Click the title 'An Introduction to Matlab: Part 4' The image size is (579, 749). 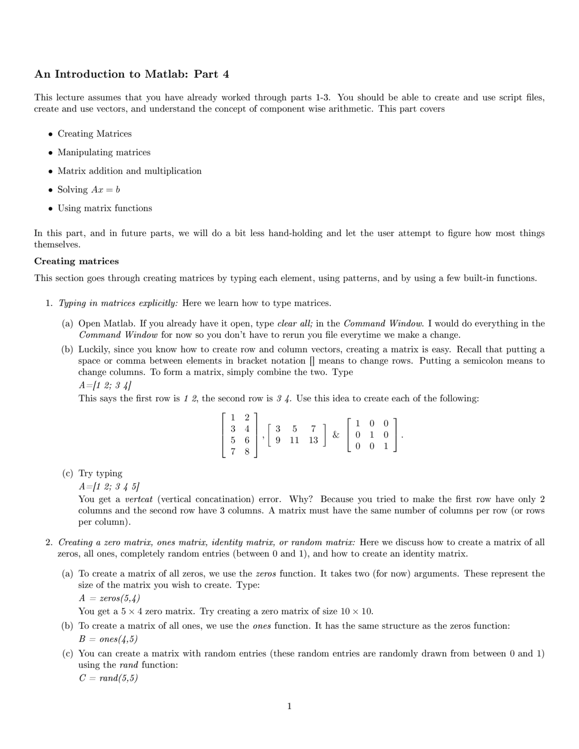click(132, 74)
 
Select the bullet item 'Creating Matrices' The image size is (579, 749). click(95, 134)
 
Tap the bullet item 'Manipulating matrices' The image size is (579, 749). click(104, 152)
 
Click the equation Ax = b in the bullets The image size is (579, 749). click(105, 190)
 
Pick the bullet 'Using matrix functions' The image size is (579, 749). click(104, 209)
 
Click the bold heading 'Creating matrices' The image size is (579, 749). click(76, 261)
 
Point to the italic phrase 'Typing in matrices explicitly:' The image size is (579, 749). click(118, 303)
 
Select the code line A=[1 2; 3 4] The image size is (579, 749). click(105, 385)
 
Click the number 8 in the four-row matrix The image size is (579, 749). click(247, 451)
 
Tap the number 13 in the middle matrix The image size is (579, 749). click(313, 440)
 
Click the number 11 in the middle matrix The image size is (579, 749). click(294, 440)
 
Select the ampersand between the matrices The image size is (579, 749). click(336, 435)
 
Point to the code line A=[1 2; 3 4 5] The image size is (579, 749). click(109, 487)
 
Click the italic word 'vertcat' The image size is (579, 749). click(139, 499)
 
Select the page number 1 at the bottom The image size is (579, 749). click(289, 706)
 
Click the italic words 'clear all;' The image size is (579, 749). click(294, 324)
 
